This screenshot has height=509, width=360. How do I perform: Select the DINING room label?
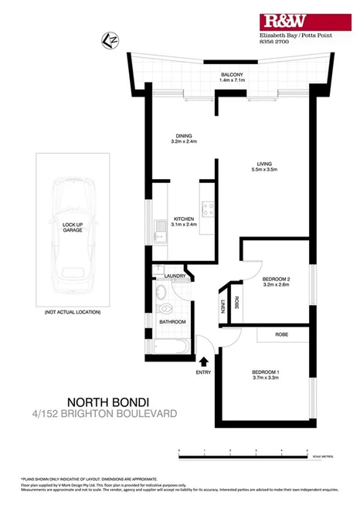[x=184, y=136]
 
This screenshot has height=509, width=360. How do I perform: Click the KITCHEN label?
[x=184, y=221]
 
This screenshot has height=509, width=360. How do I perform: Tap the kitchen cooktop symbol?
[x=207, y=208]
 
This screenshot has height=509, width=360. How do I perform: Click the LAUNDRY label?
[x=173, y=275]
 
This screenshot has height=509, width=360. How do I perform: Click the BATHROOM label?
[x=173, y=321]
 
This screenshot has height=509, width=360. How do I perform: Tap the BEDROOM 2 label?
[x=276, y=280]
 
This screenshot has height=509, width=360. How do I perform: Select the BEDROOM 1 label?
[x=265, y=375]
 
